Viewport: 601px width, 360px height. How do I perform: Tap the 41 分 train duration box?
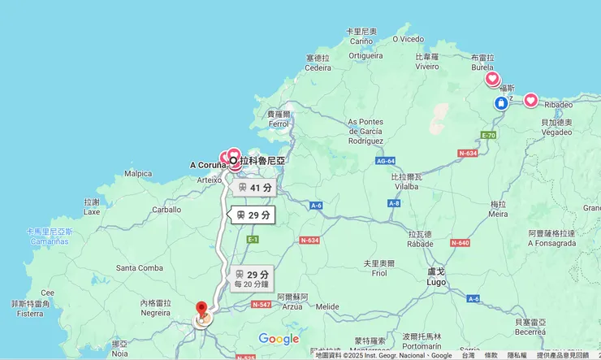click(253, 188)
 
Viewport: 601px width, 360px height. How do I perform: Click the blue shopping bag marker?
click(501, 103)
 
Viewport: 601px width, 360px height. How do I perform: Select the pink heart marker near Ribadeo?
click(530, 100)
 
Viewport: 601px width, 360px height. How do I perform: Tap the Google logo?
click(279, 339)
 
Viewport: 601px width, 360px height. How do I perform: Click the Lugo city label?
click(436, 281)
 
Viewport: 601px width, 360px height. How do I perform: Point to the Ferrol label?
click(279, 124)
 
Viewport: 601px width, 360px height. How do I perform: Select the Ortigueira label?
click(365, 55)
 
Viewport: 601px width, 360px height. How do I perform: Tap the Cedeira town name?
click(318, 67)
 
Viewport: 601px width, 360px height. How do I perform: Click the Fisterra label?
click(31, 313)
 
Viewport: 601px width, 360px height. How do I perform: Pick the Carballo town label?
click(166, 209)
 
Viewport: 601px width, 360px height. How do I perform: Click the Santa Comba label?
click(140, 267)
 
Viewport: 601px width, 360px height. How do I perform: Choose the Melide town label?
click(327, 306)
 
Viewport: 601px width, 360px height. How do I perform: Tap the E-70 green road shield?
click(488, 135)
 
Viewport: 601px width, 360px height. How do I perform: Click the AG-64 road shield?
click(385, 160)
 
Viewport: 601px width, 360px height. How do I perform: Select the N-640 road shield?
click(460, 243)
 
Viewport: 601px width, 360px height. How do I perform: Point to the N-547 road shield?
click(261, 304)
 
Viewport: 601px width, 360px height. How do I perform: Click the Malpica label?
click(138, 173)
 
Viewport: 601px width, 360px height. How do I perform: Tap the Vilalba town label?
click(404, 186)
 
